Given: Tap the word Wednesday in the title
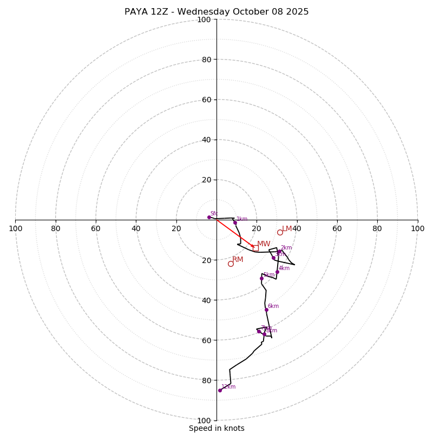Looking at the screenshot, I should click(202, 12).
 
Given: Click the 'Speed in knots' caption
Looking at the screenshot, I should click(216, 428).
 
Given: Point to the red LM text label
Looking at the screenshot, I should click(287, 229).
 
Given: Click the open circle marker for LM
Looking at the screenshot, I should click(280, 232).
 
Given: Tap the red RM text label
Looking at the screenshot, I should click(238, 260).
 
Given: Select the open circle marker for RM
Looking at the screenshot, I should click(231, 264).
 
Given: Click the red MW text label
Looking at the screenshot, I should click(264, 244).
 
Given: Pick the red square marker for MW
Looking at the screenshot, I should click(255, 248).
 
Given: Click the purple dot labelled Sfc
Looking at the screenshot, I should click(209, 217).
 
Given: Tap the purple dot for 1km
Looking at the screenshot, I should click(235, 222).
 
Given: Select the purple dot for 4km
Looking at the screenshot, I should click(277, 272).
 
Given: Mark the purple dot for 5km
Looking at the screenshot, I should click(261, 278).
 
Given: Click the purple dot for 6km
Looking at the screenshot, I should click(266, 310).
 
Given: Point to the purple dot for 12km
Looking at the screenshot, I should click(220, 390).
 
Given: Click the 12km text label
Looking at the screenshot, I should click(228, 387).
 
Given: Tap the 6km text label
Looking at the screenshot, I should click(273, 306).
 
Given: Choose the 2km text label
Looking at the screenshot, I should click(286, 248).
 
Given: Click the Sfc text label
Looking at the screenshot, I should click(214, 214).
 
